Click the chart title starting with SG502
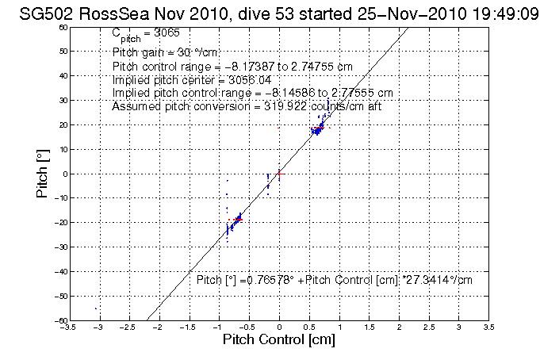point(269,13)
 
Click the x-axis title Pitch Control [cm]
point(278,340)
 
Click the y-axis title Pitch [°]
point(44,174)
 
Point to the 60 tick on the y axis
point(62,27)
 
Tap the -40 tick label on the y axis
point(60,271)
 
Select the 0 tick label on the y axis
point(63,174)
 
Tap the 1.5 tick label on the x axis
point(370,326)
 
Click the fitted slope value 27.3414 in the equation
point(432,280)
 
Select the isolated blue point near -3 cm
point(96,308)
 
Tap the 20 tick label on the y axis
point(62,124)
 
